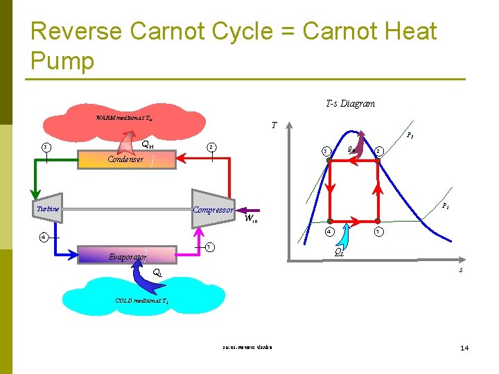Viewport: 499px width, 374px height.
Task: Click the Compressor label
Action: pyautogui.click(x=213, y=210)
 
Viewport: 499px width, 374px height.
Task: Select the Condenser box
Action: pyautogui.click(x=124, y=160)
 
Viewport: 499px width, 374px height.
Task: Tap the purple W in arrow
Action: pyautogui.click(x=249, y=209)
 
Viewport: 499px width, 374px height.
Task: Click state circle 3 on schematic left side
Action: pyautogui.click(x=45, y=147)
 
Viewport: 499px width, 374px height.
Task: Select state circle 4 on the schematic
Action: pyautogui.click(x=43, y=237)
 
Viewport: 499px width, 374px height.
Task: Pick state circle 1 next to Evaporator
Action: pyautogui.click(x=208, y=247)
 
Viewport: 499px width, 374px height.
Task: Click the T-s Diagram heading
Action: pyautogui.click(x=350, y=104)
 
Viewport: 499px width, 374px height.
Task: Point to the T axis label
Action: pyautogui.click(x=274, y=126)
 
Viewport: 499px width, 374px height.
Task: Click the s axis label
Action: pyautogui.click(x=460, y=269)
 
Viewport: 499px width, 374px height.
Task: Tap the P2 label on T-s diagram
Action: pyautogui.click(x=410, y=136)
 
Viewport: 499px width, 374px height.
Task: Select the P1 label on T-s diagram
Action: pyautogui.click(x=447, y=206)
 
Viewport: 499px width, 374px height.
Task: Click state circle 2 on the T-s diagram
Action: pyautogui.click(x=379, y=150)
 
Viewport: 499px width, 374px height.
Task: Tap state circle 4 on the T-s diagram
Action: pyautogui.click(x=330, y=231)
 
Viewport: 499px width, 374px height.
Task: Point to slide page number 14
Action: pyautogui.click(x=464, y=347)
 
